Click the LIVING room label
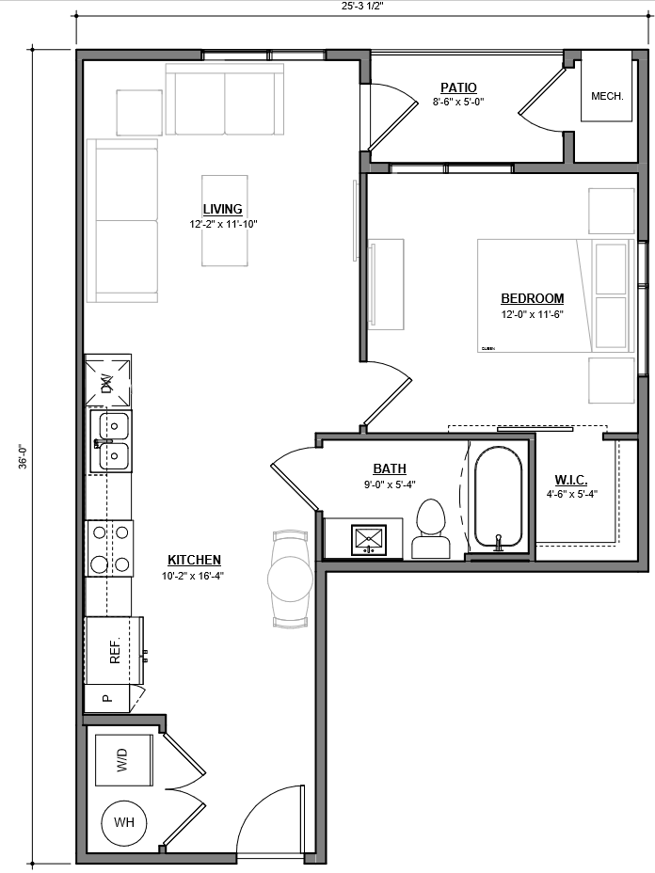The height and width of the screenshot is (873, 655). pyautogui.click(x=222, y=209)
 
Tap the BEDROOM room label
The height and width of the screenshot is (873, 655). pyautogui.click(x=532, y=299)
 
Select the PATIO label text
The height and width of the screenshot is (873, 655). pyautogui.click(x=458, y=88)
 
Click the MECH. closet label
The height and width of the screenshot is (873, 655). pyautogui.click(x=607, y=96)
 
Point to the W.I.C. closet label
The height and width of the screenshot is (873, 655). pyautogui.click(x=571, y=480)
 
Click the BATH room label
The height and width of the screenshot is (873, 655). pyautogui.click(x=390, y=468)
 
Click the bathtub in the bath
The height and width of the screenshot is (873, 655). pyautogui.click(x=498, y=499)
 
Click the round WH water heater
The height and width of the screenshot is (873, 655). pyautogui.click(x=124, y=823)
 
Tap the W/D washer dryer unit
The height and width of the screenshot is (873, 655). pyautogui.click(x=122, y=760)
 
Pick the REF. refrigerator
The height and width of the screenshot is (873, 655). pyautogui.click(x=114, y=651)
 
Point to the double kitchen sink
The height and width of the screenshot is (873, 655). pyautogui.click(x=110, y=441)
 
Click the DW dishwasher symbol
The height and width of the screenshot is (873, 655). pyautogui.click(x=107, y=381)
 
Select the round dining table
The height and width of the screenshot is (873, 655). pyautogui.click(x=290, y=579)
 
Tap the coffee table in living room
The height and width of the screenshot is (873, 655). pyautogui.click(x=225, y=221)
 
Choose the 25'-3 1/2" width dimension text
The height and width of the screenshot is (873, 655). pyautogui.click(x=363, y=6)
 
